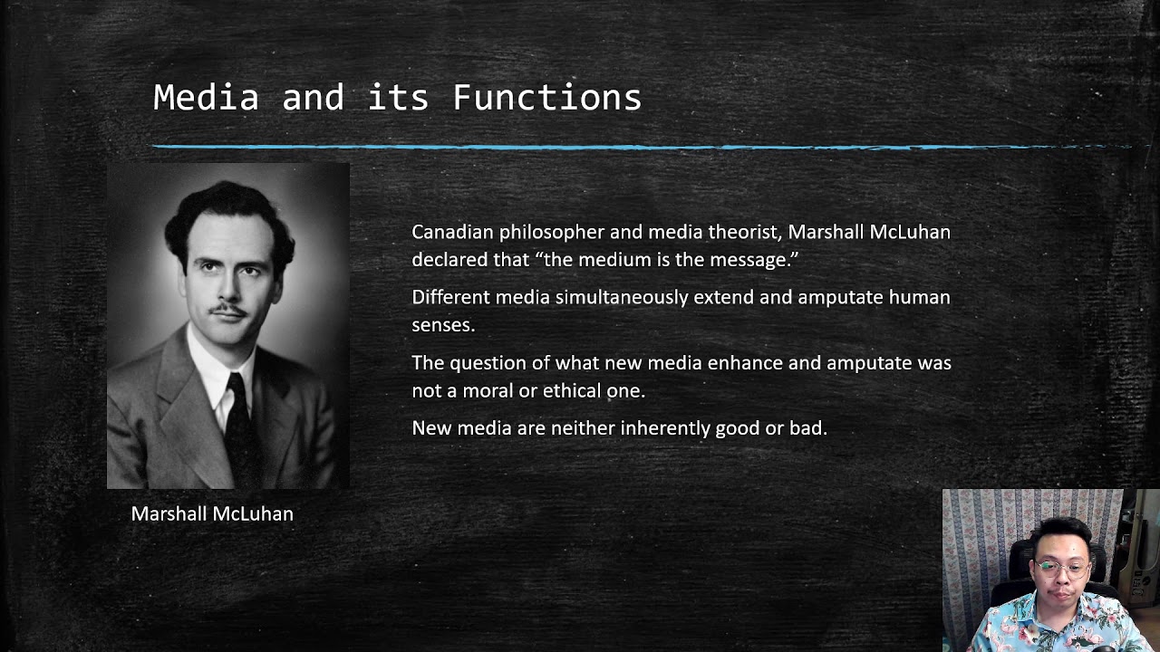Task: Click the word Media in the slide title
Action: pyautogui.click(x=206, y=98)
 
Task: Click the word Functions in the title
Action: pyautogui.click(x=546, y=98)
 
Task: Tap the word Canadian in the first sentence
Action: pyautogui.click(x=453, y=232)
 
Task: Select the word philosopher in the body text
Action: pyautogui.click(x=551, y=233)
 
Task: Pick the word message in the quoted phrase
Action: pyautogui.click(x=759, y=260)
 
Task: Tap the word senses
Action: pyautogui.click(x=442, y=325)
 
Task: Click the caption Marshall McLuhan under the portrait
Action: pyautogui.click(x=212, y=514)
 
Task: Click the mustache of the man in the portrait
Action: pyautogui.click(x=227, y=311)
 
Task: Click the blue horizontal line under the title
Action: pyautogui.click(x=634, y=147)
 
